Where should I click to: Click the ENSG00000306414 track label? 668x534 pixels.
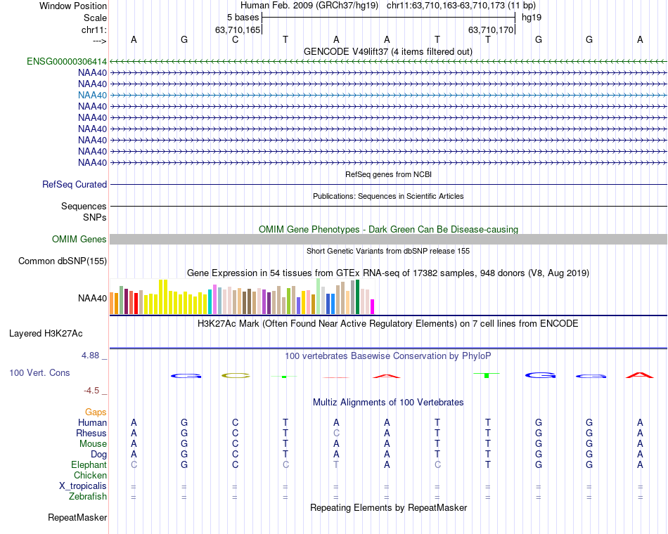click(67, 61)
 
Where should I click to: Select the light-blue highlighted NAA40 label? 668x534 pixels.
click(93, 95)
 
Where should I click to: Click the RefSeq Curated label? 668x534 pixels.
click(75, 184)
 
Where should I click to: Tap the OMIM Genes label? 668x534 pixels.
click(79, 240)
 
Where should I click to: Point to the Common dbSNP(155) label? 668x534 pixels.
click(63, 261)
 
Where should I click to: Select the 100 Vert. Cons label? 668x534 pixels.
click(39, 372)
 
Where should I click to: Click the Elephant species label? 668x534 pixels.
click(89, 464)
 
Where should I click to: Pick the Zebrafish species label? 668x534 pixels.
click(88, 497)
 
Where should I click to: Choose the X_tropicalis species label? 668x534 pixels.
click(83, 486)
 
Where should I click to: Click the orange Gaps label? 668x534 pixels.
click(96, 412)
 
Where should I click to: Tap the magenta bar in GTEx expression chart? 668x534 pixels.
click(372, 306)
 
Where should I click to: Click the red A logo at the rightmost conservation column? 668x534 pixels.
click(640, 375)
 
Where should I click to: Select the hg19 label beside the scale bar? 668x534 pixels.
click(532, 17)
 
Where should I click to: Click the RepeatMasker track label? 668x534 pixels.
click(77, 518)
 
